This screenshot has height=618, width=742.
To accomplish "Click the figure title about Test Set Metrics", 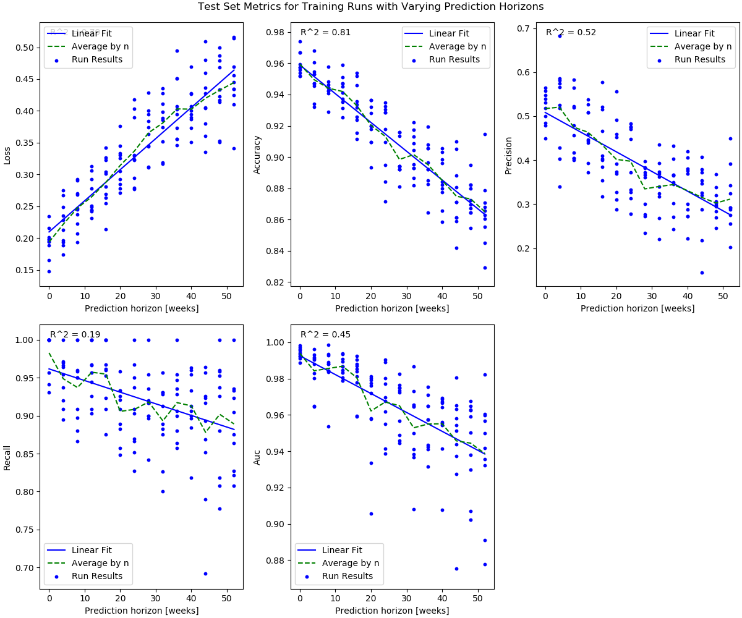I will [371, 7].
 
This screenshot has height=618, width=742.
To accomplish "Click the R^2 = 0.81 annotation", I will [325, 33].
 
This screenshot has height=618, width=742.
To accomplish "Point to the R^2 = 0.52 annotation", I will [571, 33].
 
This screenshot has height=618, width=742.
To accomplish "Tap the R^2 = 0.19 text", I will [75, 335].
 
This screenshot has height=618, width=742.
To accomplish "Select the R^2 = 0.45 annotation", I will [325, 335].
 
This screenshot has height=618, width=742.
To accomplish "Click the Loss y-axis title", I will [7, 155].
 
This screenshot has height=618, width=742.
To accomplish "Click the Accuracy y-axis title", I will [258, 155].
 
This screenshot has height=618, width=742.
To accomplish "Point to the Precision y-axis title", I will [508, 155].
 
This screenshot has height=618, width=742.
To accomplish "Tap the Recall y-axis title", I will [7, 457].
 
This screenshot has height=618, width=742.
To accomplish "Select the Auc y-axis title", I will [258, 457].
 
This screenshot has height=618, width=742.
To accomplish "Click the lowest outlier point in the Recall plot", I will [205, 574].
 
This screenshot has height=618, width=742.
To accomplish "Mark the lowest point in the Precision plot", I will [702, 273].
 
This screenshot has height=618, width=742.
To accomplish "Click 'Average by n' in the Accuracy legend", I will [458, 46].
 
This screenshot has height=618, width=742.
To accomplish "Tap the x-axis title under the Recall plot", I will [142, 611].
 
